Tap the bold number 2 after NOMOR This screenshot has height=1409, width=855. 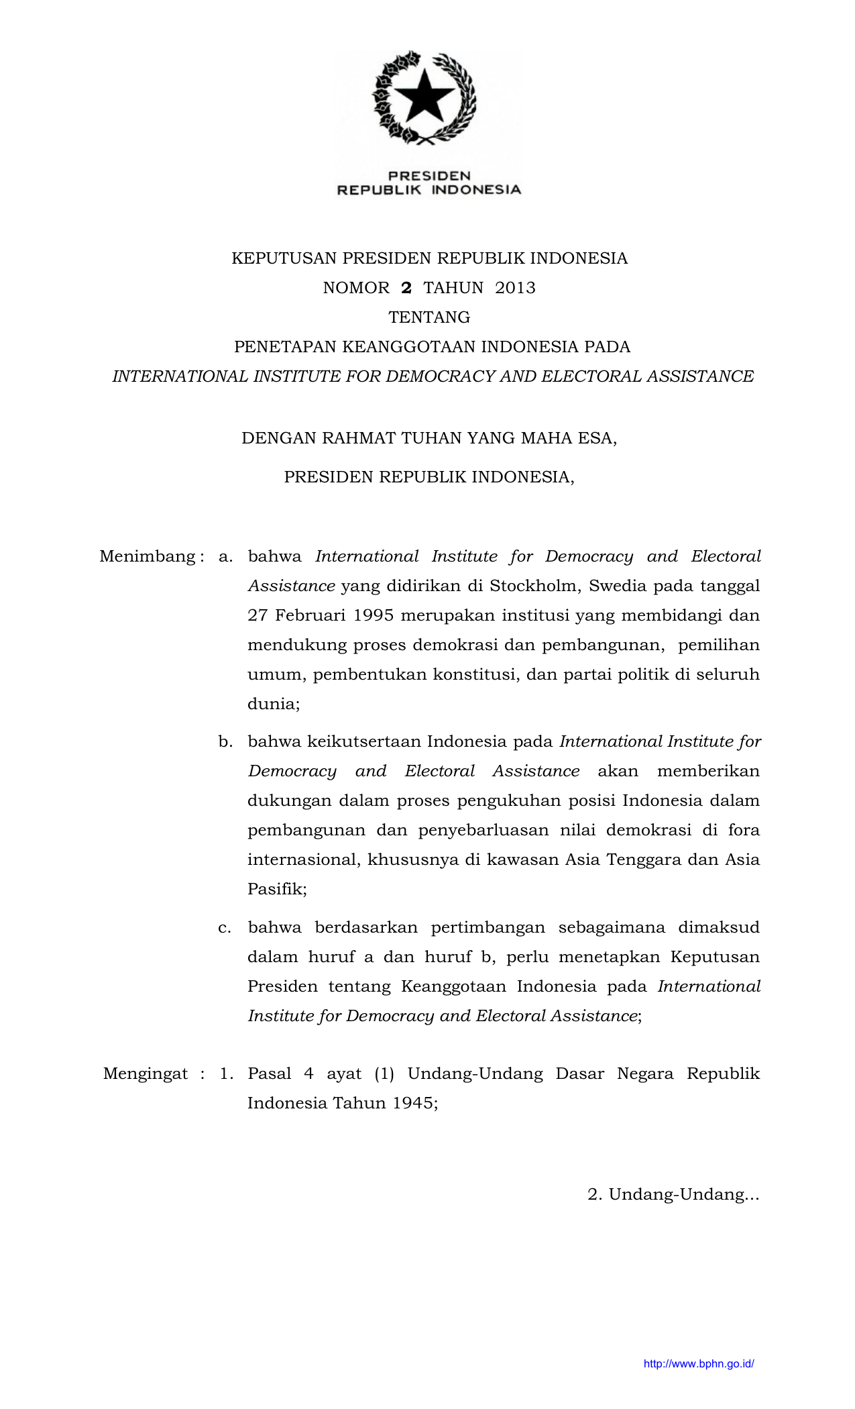[x=406, y=288]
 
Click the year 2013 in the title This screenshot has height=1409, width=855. [x=515, y=288]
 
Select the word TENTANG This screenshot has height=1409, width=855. [x=429, y=317]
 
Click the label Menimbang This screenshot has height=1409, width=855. [x=148, y=556]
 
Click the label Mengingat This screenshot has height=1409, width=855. [x=146, y=1074]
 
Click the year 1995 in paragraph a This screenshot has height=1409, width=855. [x=373, y=615]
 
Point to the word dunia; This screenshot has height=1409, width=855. [x=274, y=704]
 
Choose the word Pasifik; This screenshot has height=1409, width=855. [x=277, y=890]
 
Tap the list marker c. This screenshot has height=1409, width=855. [x=225, y=927]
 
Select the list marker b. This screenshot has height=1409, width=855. [x=225, y=741]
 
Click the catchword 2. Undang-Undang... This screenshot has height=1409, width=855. [x=673, y=1194]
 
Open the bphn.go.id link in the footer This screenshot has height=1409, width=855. [x=699, y=1363]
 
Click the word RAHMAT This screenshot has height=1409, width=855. [x=359, y=438]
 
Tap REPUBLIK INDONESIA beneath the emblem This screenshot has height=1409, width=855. [x=429, y=190]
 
